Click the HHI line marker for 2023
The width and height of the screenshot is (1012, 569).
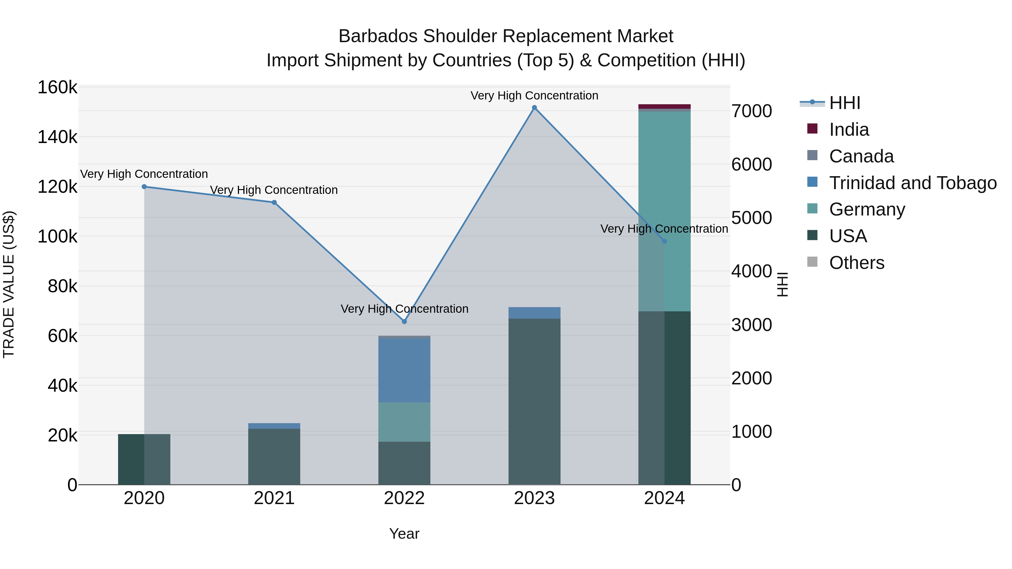pos(534,108)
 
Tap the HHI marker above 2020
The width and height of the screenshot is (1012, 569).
pos(144,187)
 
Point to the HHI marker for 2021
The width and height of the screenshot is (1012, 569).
pos(274,203)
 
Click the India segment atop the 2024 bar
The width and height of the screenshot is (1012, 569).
pos(664,106)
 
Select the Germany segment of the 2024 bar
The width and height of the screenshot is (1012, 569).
pos(664,196)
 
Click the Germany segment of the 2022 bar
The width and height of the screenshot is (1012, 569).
pos(404,422)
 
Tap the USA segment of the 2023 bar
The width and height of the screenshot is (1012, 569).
pos(534,400)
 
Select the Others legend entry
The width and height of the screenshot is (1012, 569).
pos(857,263)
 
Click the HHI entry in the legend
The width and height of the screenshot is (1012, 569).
pos(845,103)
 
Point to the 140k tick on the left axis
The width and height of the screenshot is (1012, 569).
pos(57,137)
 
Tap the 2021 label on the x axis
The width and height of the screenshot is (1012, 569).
pos(274,498)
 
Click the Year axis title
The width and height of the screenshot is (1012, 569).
pos(404,534)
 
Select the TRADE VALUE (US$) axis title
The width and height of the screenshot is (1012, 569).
pos(9,284)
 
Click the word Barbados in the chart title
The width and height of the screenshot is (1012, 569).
pos(378,36)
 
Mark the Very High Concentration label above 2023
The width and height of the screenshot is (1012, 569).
pos(534,96)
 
